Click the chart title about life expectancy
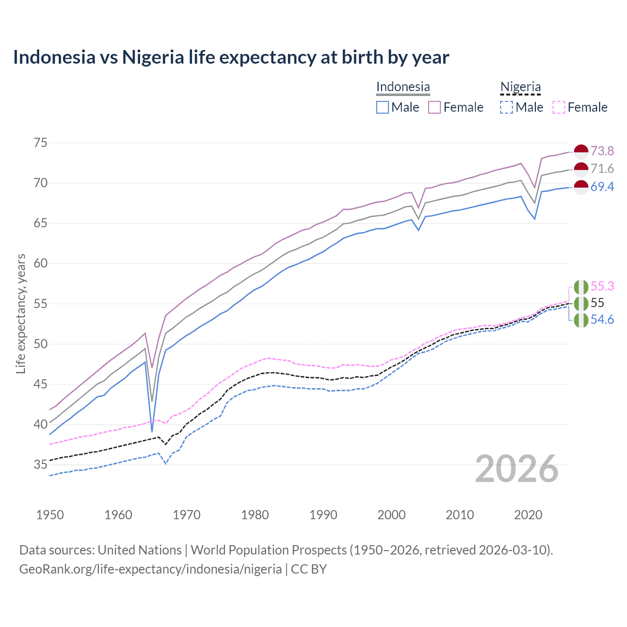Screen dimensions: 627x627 (x=231, y=57)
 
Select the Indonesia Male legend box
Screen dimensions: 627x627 (x=383, y=107)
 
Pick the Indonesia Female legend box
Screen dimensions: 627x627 (x=434, y=107)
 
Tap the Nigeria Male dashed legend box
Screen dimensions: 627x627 (x=506, y=107)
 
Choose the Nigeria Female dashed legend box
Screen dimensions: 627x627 (x=558, y=107)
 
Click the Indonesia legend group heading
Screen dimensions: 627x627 (x=403, y=87)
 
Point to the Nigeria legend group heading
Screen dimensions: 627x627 (x=520, y=87)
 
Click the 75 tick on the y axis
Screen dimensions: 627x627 (x=41, y=143)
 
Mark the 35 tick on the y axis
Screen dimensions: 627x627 (x=41, y=464)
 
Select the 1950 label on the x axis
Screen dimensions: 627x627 (x=50, y=515)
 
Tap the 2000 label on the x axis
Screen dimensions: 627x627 (x=391, y=515)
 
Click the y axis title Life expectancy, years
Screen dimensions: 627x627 (x=21, y=313)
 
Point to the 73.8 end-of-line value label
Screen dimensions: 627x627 (x=602, y=151)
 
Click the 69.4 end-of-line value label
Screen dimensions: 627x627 (x=602, y=187)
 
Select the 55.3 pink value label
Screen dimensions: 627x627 (x=602, y=286)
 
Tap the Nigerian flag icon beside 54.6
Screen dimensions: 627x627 (x=581, y=320)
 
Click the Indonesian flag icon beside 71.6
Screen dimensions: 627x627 (x=581, y=169)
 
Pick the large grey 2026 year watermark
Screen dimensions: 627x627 (x=517, y=469)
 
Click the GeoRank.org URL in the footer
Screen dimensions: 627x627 (x=150, y=569)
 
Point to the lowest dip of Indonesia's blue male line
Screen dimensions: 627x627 (x=152, y=432)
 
